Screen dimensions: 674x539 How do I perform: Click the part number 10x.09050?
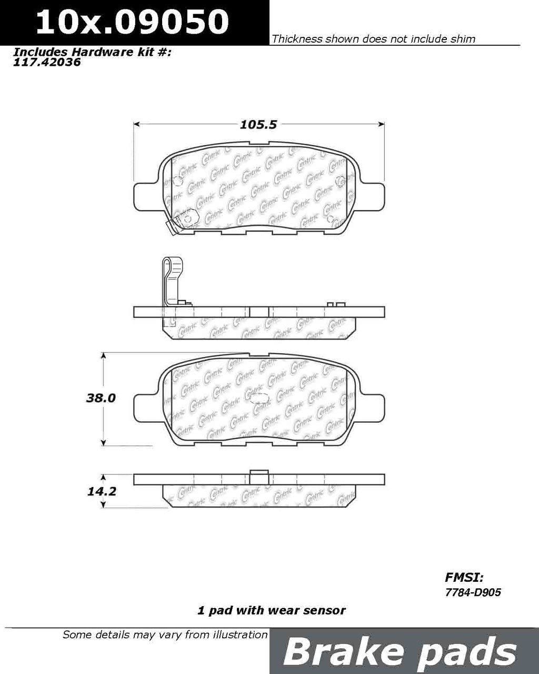pos(132,22)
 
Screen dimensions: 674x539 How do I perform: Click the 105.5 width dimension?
pos(258,125)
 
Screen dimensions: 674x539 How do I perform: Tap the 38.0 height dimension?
pos(101,398)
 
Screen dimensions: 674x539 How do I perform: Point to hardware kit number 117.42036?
pos(47,62)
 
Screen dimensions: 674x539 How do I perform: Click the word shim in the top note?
pos(463,38)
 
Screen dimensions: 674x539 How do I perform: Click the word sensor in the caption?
pos(327,610)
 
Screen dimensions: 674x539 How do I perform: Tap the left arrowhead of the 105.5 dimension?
pos(136,125)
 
